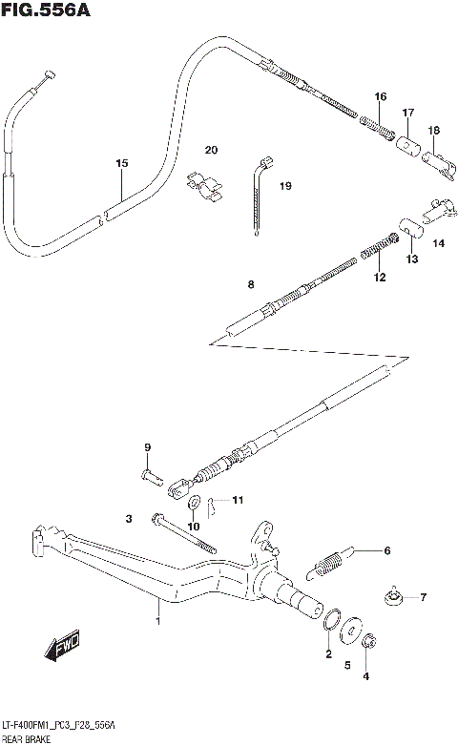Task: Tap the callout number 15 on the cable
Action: [121, 164]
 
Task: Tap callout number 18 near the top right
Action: [433, 130]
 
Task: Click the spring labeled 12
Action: [375, 252]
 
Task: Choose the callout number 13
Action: [412, 259]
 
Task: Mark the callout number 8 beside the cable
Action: [250, 283]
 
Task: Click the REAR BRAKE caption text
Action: [23, 737]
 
